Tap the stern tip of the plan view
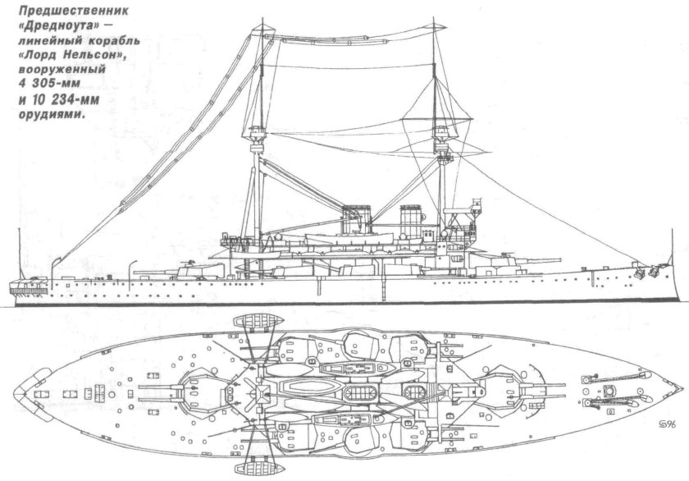[21, 391]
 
